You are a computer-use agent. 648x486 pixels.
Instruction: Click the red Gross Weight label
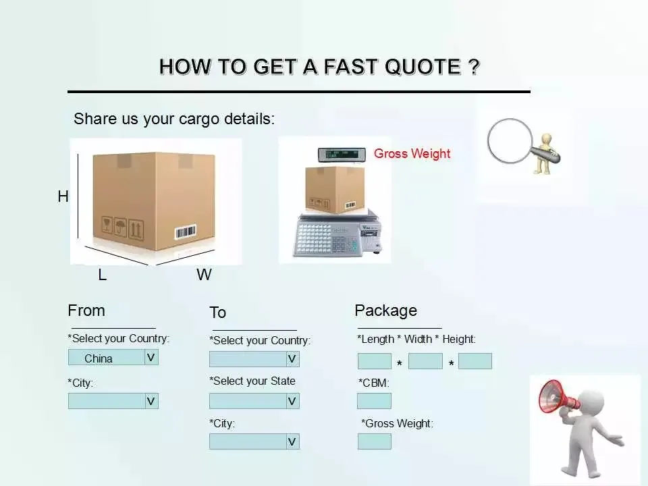point(412,154)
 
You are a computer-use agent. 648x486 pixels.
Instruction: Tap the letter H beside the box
point(63,196)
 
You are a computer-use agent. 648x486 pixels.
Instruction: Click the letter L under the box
point(102,275)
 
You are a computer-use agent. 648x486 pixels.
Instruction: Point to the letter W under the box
point(204,275)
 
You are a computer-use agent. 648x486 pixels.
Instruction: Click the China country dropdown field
point(107,358)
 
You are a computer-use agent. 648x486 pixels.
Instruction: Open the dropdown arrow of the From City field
point(151,401)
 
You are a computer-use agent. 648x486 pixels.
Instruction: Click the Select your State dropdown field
point(248,401)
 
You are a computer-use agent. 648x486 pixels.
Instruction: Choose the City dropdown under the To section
point(248,441)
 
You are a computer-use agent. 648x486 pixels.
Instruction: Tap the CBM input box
point(374,401)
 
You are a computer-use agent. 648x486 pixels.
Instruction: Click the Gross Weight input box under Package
point(374,441)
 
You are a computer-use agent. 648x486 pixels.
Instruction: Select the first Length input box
point(374,361)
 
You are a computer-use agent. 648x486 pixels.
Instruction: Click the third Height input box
point(475,361)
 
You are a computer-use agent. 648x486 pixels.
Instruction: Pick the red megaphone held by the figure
point(558,397)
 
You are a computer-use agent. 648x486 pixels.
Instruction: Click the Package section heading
point(385,310)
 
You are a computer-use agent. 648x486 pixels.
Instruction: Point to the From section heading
point(86,310)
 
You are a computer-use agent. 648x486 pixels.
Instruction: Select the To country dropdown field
point(248,359)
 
